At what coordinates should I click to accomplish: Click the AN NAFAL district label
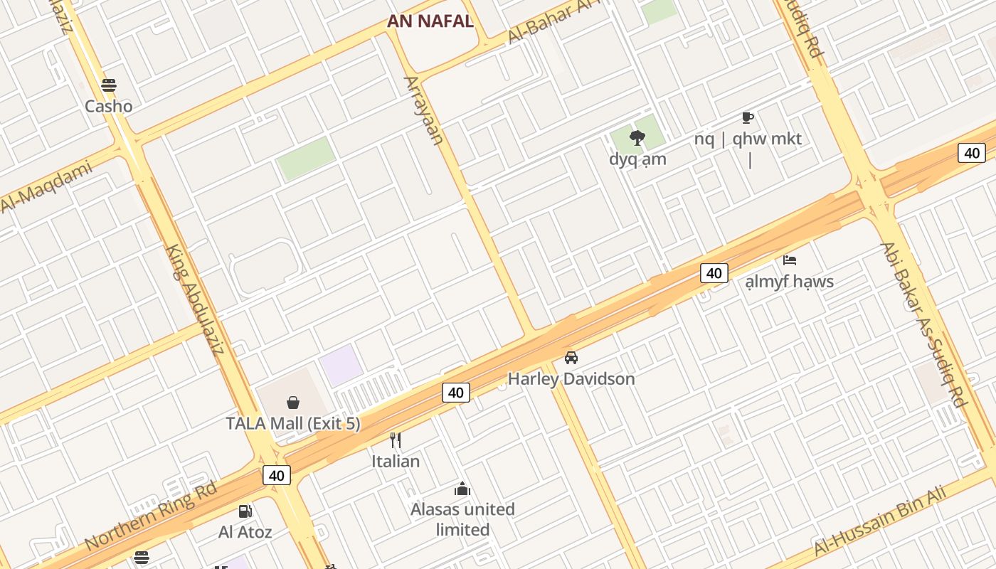click(430, 21)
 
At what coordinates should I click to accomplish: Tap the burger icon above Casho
click(109, 85)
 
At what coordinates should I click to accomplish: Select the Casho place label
click(109, 107)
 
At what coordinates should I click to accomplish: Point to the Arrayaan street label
click(424, 110)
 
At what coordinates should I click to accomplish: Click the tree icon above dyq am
click(637, 137)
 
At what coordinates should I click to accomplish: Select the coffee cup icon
click(747, 117)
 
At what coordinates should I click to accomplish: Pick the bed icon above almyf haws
click(790, 260)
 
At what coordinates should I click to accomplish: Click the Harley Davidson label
click(571, 379)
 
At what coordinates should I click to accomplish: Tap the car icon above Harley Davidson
click(571, 357)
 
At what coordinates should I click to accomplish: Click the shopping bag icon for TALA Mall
click(293, 403)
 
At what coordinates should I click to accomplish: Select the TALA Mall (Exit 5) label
click(293, 424)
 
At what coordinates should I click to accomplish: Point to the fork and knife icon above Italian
click(396, 440)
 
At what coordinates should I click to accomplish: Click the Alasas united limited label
click(463, 519)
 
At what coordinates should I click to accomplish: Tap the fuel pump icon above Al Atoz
click(245, 511)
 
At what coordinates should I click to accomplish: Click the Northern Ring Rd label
click(151, 516)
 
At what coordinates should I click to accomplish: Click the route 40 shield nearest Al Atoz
click(277, 475)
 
